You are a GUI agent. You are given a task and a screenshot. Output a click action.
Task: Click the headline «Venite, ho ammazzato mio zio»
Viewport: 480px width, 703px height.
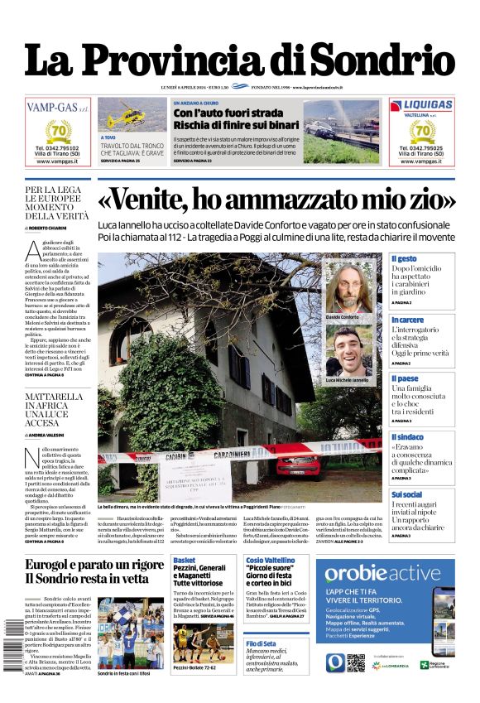276,200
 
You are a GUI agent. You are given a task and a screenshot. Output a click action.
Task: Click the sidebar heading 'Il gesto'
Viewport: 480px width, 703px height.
405,259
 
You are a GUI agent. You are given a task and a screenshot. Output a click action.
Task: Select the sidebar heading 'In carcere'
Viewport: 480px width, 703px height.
407,320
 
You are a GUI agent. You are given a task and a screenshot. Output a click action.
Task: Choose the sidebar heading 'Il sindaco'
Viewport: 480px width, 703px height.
407,436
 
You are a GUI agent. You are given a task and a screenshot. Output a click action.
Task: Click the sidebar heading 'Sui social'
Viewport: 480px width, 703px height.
407,494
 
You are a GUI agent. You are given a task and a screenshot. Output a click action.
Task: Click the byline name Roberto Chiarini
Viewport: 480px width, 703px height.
49,227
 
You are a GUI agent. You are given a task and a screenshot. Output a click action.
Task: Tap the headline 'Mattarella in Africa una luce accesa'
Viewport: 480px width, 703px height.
55,411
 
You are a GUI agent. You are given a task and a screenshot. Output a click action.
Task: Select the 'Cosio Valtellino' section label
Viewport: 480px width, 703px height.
270,561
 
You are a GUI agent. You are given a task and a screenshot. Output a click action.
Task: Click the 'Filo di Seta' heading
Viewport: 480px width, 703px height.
261,643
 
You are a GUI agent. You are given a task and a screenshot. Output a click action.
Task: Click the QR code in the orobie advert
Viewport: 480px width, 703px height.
356,663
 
